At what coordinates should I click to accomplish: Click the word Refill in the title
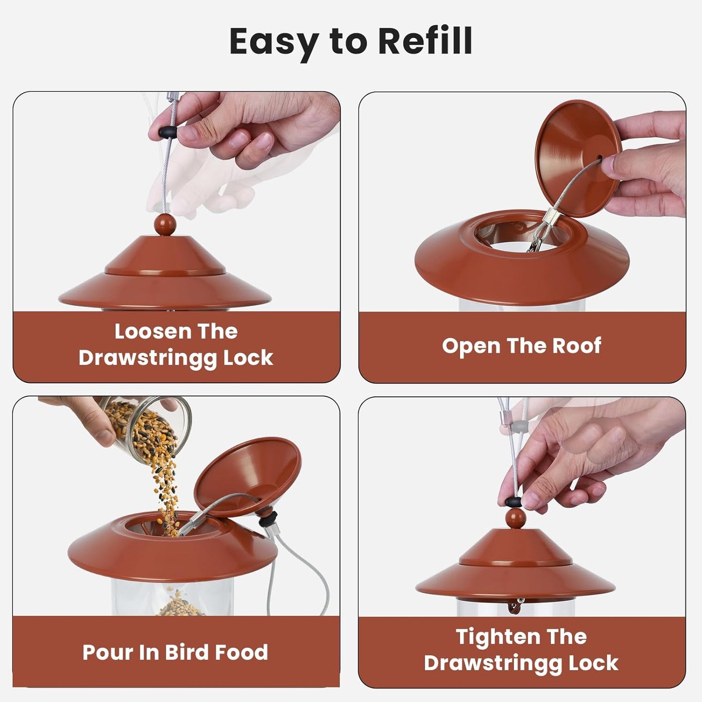(x=425, y=41)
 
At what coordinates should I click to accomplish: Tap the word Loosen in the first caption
(x=146, y=332)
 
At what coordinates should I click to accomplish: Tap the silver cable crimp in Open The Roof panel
(x=550, y=225)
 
